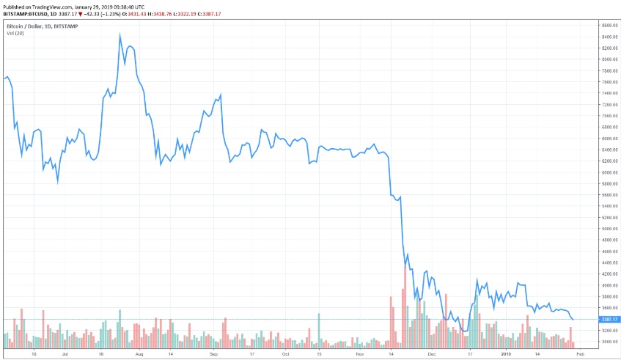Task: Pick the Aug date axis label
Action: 139,353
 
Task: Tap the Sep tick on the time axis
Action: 214,353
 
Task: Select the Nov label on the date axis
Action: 360,353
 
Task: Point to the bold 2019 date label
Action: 507,353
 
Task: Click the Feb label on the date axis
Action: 579,353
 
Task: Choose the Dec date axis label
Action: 433,353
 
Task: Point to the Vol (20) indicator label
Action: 15,34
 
